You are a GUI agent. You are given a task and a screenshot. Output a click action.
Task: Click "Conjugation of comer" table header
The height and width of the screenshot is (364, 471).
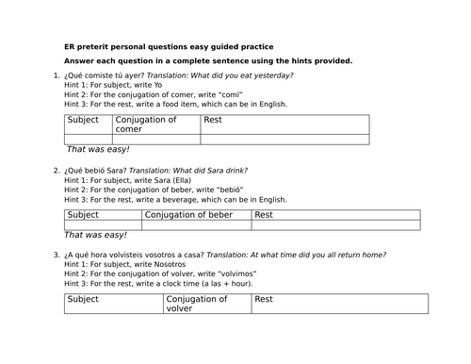coord(145,124)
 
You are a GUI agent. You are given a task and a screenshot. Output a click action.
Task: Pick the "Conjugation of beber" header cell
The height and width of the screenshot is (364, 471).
coord(187,215)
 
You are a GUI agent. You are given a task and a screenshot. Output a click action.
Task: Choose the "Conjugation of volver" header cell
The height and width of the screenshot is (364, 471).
coord(196,303)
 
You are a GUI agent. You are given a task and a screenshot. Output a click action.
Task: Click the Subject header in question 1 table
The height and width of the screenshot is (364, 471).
coord(84,120)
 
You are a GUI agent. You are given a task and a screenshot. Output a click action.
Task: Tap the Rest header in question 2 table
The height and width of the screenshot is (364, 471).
coord(265,215)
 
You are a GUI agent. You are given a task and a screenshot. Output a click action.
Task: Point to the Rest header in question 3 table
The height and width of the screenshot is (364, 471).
coord(264,299)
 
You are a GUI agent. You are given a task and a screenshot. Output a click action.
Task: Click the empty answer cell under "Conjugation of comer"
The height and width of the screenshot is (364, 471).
coord(155,138)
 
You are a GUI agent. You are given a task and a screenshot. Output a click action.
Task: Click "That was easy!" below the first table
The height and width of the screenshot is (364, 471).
coord(98,150)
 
